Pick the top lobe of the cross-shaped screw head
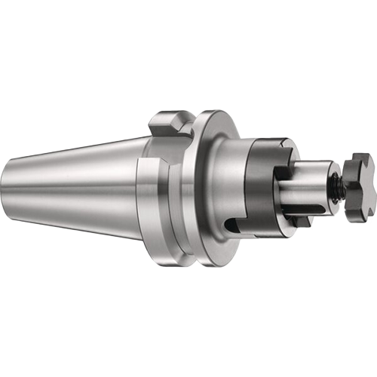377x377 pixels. pos(360,160)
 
